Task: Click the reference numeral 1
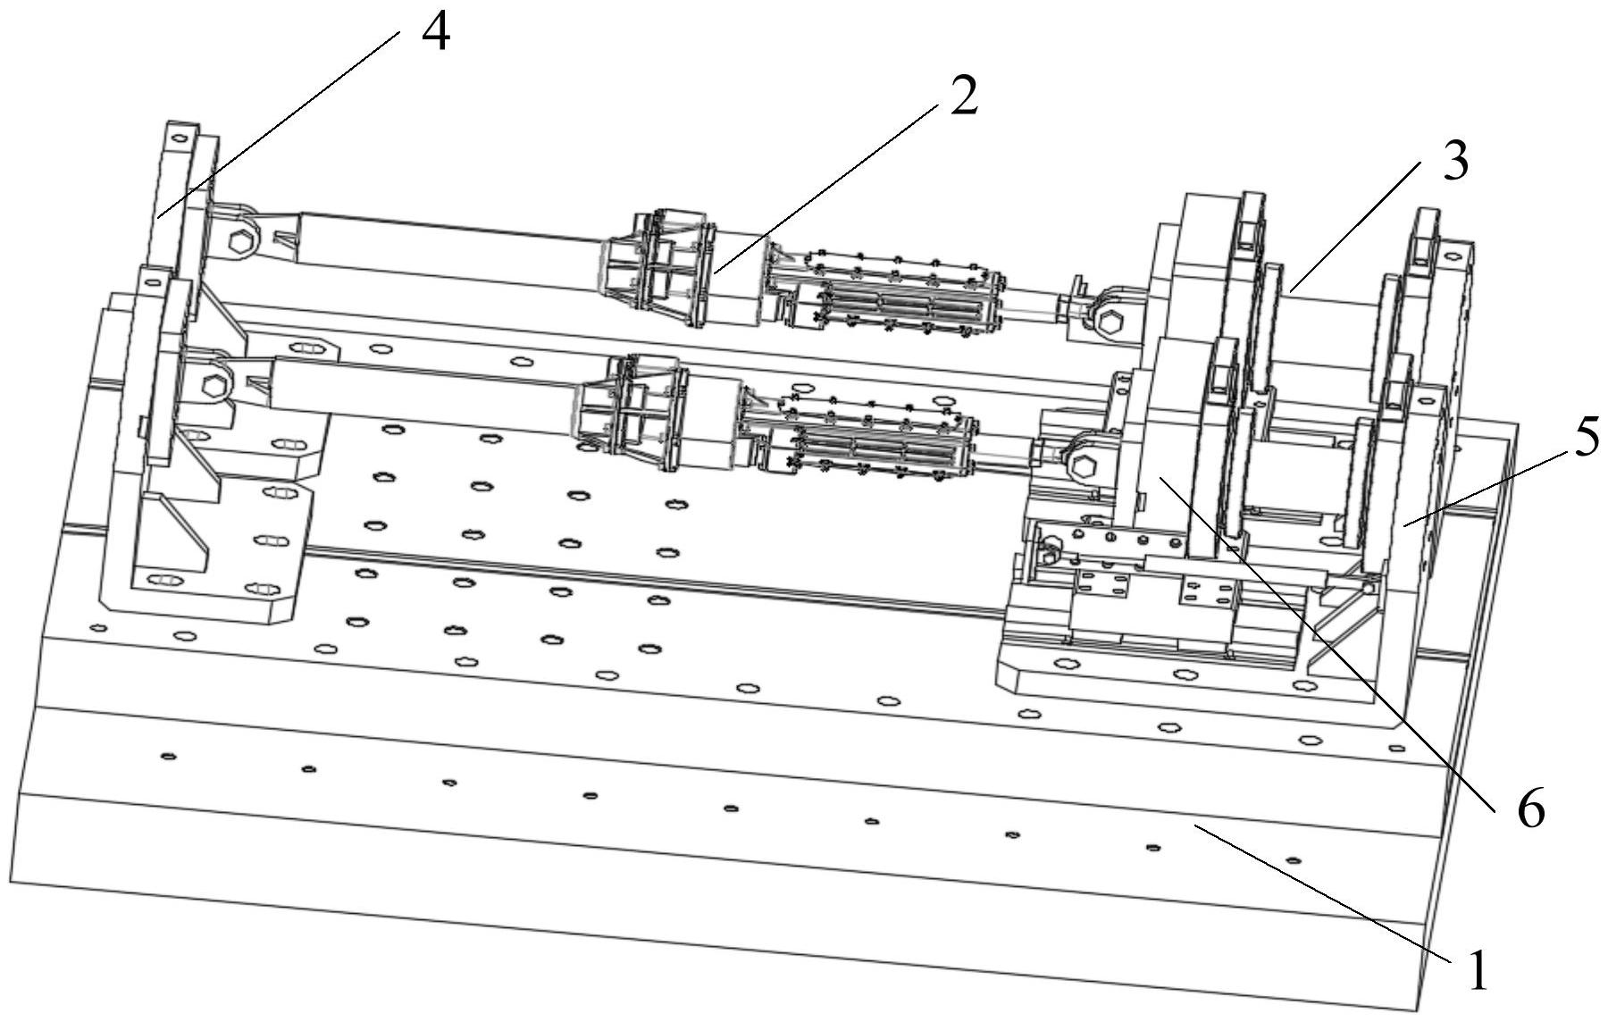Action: (x=1476, y=970)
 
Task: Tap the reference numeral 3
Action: (x=1453, y=164)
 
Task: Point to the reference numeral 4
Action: (x=436, y=33)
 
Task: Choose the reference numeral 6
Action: (x=1529, y=809)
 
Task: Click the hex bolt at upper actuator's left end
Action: (x=241, y=241)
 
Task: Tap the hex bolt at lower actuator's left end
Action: (x=214, y=387)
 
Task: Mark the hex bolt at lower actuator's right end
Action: (x=1083, y=465)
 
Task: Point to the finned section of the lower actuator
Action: (x=871, y=438)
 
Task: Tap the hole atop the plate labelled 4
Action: (x=179, y=138)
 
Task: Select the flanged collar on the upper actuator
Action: (x=661, y=268)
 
